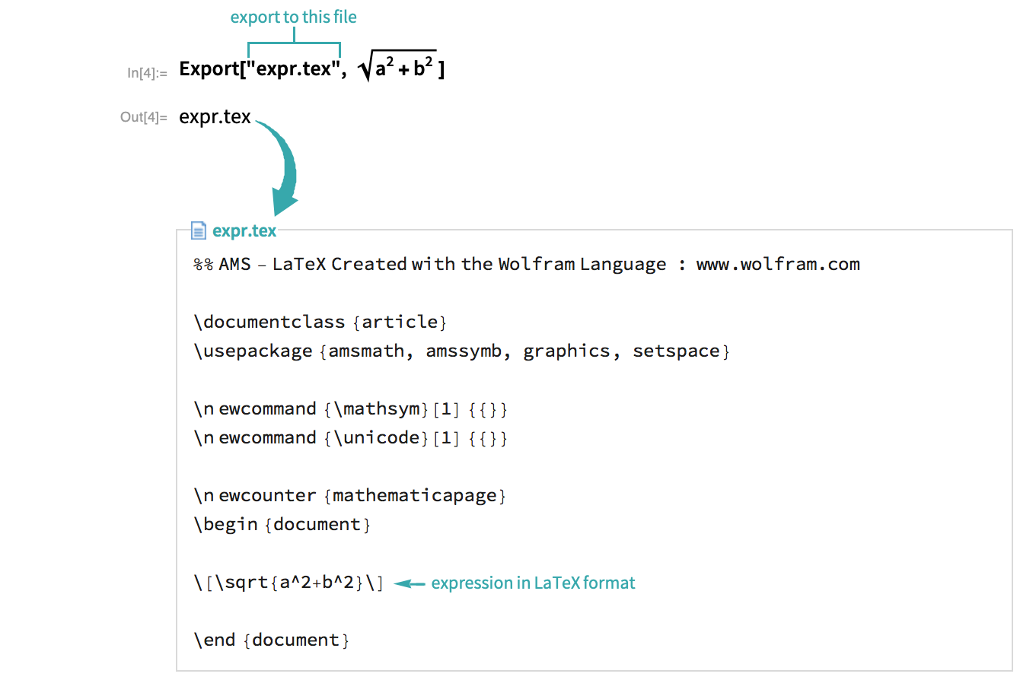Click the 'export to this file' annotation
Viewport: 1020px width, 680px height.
[x=293, y=17]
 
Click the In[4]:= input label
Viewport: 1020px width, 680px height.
[x=147, y=73]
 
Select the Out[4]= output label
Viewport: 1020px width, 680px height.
[x=143, y=117]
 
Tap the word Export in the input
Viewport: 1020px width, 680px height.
[x=209, y=69]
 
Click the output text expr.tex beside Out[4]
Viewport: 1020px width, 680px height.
[x=215, y=117]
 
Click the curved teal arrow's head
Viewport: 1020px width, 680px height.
[x=283, y=201]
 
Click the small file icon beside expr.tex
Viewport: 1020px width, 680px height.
[x=198, y=230]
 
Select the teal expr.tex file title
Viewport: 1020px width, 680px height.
[x=244, y=230]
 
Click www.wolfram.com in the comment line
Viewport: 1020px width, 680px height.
[x=778, y=264]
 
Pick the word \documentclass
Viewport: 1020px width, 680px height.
[x=269, y=322]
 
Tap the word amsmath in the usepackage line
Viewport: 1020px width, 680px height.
[x=366, y=351]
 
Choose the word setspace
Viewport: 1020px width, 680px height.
[x=676, y=351]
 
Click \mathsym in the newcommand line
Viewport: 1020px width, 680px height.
[x=377, y=408]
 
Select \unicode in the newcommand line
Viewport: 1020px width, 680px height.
[x=377, y=438]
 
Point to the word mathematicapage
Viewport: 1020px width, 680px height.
[x=414, y=496]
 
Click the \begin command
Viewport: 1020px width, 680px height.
[x=225, y=524]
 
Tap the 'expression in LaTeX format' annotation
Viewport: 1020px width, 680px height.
[x=533, y=583]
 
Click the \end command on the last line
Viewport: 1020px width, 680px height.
[x=215, y=640]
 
